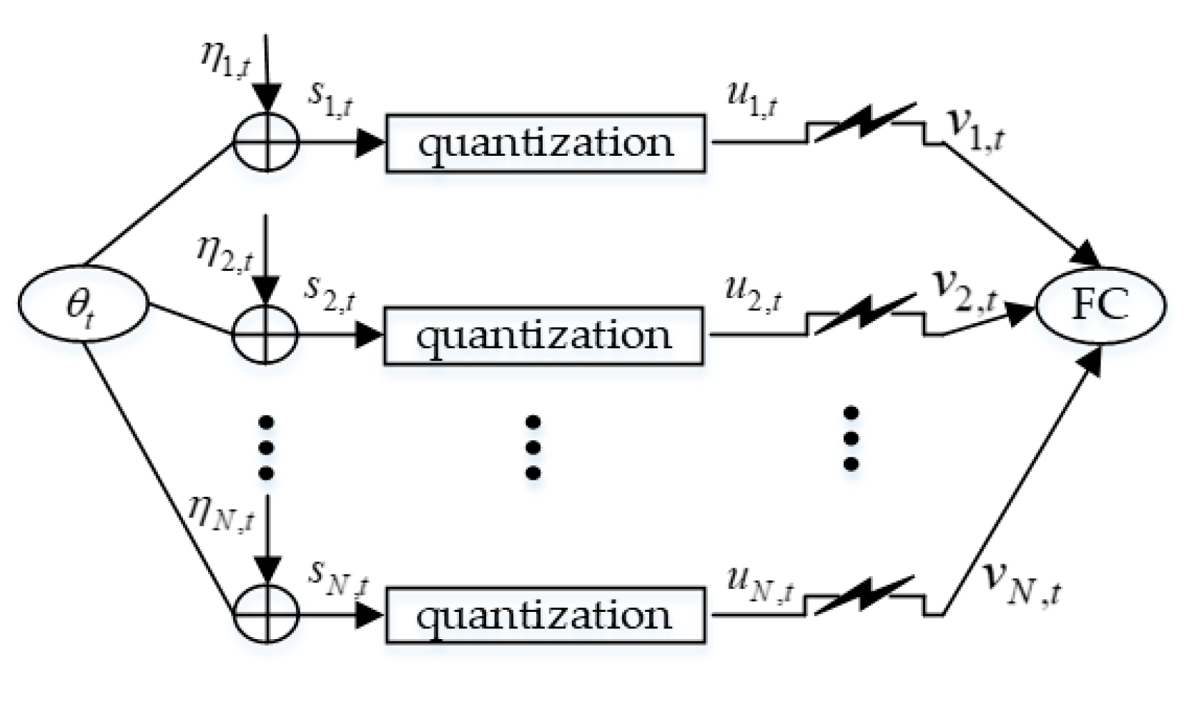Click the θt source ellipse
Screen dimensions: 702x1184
click(83, 304)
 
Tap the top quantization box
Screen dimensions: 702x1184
click(546, 143)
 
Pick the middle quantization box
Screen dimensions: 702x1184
click(543, 335)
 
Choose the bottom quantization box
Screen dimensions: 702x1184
click(546, 615)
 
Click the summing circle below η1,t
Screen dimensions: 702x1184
click(266, 142)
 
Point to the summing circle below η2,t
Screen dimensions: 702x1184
click(266, 334)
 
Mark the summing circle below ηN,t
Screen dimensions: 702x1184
click(266, 613)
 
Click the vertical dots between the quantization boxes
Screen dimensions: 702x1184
click(533, 447)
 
